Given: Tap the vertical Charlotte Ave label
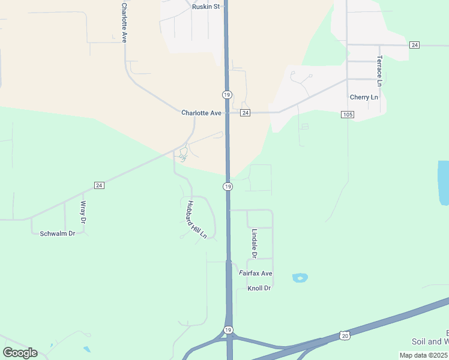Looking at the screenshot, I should (124, 22).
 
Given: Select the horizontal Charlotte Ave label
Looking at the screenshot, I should (202, 113).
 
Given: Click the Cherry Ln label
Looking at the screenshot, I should (364, 97).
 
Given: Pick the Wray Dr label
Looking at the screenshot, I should (83, 212).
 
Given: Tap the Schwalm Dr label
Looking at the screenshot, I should (58, 233).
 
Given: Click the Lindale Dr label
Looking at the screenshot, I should (255, 244).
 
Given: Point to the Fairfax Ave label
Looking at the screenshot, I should (256, 274).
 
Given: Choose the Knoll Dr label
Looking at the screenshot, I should (259, 289).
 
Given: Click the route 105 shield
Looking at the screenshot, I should (346, 114).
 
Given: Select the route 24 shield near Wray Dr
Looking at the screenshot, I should (100, 185).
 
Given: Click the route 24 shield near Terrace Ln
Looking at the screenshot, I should (415, 45).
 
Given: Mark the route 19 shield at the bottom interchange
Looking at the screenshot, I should (228, 331).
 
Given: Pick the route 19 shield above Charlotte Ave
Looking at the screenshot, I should (227, 95).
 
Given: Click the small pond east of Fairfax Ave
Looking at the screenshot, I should (300, 278).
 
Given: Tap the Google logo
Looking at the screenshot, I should (20, 353).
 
